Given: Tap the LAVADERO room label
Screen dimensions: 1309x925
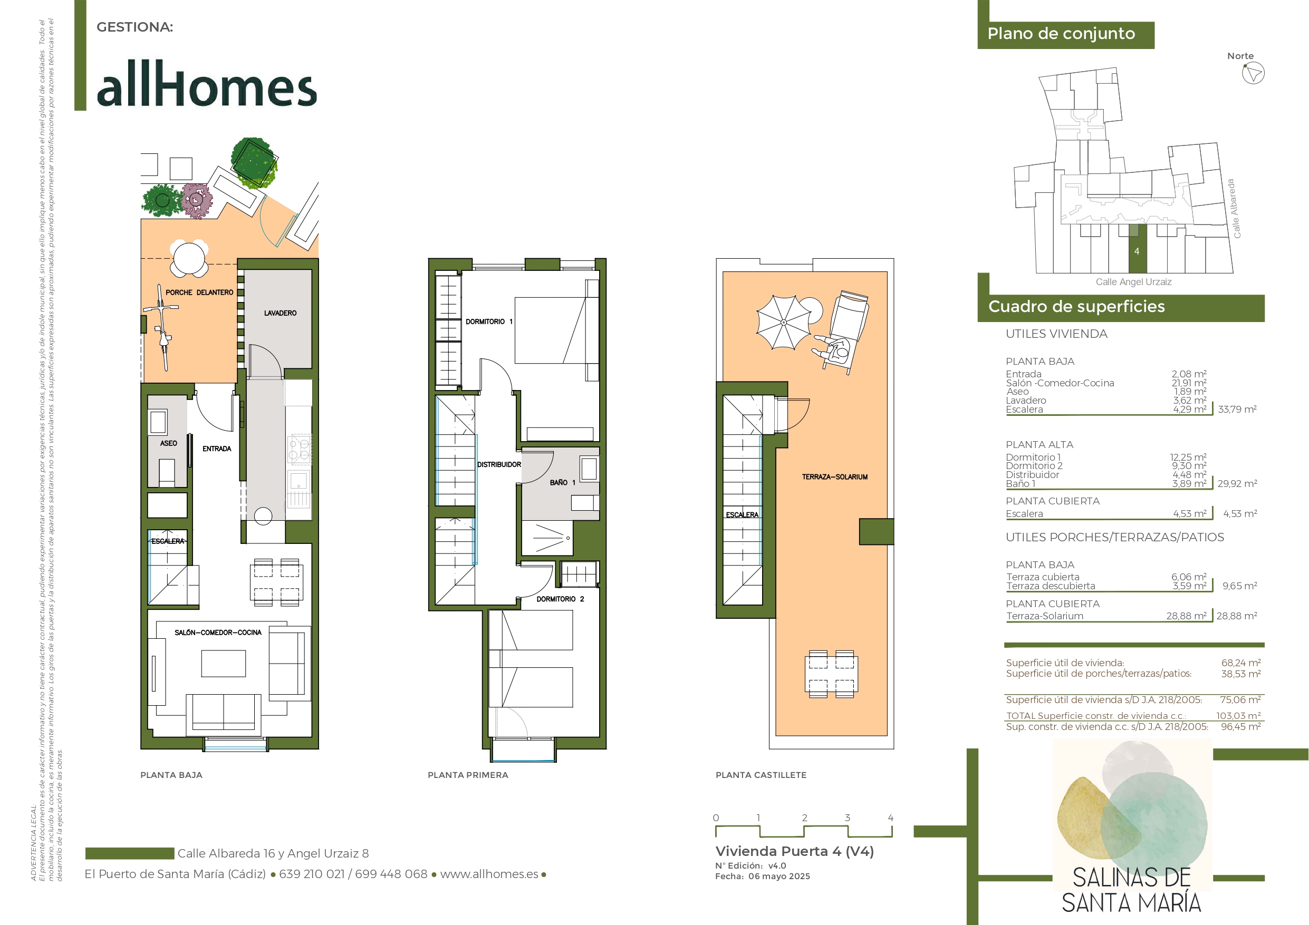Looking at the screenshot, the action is [x=280, y=313].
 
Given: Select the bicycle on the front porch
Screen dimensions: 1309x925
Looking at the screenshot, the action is [x=161, y=327].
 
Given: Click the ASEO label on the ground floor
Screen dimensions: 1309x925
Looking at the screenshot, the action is [x=168, y=443].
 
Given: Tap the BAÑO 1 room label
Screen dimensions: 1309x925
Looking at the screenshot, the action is [x=562, y=482].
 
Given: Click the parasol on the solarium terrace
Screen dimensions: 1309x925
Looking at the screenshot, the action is [x=783, y=322].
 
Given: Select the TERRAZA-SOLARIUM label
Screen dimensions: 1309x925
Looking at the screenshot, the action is [x=835, y=476].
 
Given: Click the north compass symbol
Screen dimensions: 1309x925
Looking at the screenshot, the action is [x=1253, y=73].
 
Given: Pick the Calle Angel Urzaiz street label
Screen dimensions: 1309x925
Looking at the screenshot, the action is [x=1133, y=281].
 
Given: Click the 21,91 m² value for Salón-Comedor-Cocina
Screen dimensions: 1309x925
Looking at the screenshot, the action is [x=1189, y=383].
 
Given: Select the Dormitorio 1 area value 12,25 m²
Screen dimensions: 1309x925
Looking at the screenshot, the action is [x=1188, y=457].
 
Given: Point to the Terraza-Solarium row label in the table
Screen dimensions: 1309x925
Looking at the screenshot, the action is [x=1044, y=616].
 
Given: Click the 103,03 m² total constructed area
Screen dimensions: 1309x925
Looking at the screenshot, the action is [x=1238, y=715].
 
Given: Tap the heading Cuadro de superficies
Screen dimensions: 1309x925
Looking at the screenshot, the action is [x=1076, y=307].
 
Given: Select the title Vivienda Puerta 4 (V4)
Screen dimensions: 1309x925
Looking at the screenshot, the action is [x=794, y=851].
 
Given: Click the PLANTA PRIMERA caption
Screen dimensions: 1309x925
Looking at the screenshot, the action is [x=467, y=775].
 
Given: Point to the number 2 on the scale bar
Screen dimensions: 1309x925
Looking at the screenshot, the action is [x=804, y=817].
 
